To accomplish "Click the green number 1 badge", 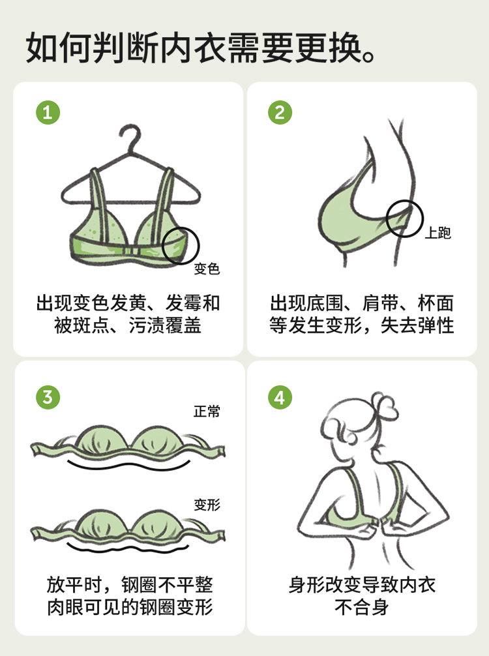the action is [48, 113].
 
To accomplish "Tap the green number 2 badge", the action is [280, 113].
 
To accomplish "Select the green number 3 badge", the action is [48, 397].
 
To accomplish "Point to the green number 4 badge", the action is [280, 397].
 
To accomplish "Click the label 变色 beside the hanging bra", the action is [207, 269].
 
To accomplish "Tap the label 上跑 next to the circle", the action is [438, 233].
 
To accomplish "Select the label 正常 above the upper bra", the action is [207, 411].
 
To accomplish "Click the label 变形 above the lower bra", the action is [207, 505].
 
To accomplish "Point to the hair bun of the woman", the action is [384, 404].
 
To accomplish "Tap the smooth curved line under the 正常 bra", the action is [129, 467].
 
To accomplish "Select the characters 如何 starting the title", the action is [59, 47].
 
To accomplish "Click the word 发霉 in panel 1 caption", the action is [183, 303].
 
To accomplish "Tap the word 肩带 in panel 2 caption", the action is [380, 303].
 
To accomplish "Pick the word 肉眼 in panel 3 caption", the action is [65, 607].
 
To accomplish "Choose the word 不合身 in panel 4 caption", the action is [361, 607].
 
